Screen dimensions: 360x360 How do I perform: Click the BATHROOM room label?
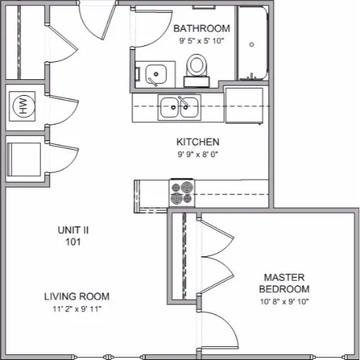(x=202, y=28)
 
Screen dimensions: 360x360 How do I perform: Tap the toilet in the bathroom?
(x=197, y=70)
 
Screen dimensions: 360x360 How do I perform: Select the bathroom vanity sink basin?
(x=156, y=74)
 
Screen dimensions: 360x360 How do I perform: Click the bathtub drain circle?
(x=251, y=45)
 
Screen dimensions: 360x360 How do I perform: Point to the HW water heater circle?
(x=22, y=106)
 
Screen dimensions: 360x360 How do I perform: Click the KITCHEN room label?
(x=198, y=142)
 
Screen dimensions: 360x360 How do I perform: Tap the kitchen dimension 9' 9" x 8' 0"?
(x=198, y=154)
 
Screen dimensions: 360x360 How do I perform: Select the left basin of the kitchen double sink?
(x=169, y=107)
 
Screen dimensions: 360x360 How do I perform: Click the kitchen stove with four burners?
(x=182, y=192)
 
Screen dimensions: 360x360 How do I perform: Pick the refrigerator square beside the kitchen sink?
(x=244, y=106)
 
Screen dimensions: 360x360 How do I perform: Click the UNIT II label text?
(x=73, y=230)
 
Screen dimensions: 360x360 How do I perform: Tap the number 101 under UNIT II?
(x=73, y=242)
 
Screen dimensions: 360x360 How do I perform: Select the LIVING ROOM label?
(x=77, y=297)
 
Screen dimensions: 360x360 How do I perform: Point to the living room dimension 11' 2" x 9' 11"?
(x=77, y=309)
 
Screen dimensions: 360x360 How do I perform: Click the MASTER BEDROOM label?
(x=284, y=283)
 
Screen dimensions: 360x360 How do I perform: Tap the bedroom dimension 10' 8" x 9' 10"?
(x=284, y=302)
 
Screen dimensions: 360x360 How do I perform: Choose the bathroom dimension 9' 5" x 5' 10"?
(x=202, y=41)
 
